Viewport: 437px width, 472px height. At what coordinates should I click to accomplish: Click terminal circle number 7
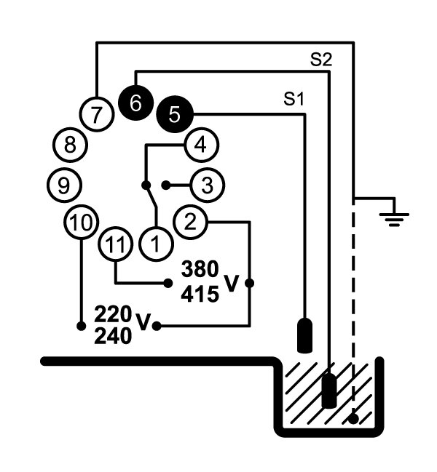click(97, 114)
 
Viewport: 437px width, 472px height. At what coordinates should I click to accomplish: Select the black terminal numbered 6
click(136, 103)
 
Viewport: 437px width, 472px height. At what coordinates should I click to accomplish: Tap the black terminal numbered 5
click(175, 114)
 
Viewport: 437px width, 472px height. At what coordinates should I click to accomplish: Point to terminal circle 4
click(201, 145)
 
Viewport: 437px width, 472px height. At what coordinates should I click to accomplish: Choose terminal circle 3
click(207, 185)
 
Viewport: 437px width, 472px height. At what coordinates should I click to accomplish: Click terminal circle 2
click(190, 222)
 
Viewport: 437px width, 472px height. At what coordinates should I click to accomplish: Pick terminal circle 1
click(156, 244)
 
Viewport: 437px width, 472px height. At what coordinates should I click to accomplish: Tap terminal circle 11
click(116, 244)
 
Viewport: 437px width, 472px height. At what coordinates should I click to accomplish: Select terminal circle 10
click(82, 222)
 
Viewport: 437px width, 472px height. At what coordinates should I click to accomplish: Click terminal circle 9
click(64, 185)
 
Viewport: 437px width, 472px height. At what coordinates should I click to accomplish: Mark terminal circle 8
click(70, 145)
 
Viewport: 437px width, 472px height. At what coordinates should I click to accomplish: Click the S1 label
click(294, 99)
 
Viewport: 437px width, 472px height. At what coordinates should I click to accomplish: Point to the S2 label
click(321, 60)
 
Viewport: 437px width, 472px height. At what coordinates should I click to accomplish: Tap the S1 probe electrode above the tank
click(304, 335)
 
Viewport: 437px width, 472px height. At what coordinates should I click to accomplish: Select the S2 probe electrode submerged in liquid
click(329, 391)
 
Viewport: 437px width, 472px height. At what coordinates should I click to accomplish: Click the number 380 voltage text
click(200, 269)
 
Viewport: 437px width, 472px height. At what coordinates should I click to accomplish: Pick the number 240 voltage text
click(113, 336)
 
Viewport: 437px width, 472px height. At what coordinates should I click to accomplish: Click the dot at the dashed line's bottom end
click(353, 419)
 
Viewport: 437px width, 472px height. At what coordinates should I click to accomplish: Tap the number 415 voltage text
click(200, 294)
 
